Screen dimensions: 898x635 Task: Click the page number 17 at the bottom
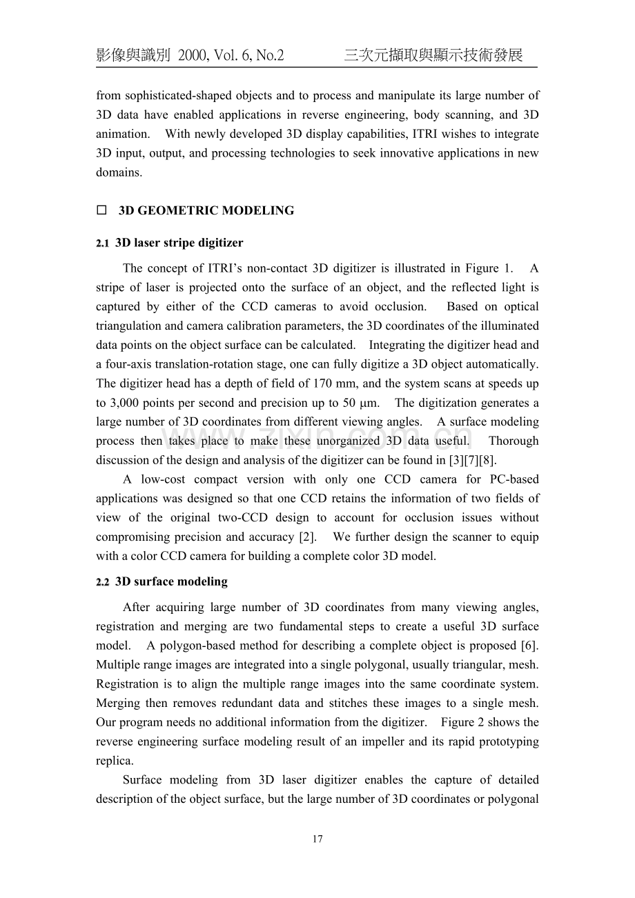click(317, 839)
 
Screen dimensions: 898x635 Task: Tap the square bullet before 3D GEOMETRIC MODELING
click(101, 211)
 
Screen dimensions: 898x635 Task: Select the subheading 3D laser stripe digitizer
click(179, 243)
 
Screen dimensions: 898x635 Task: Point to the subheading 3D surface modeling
click(171, 581)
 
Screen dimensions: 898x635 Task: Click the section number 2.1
click(103, 243)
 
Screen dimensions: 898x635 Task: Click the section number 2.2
click(103, 582)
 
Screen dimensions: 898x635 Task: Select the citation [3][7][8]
click(471, 460)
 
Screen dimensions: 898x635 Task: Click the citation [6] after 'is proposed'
click(529, 646)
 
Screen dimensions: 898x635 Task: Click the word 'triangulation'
click(128, 326)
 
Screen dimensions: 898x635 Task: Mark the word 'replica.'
click(115, 761)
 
